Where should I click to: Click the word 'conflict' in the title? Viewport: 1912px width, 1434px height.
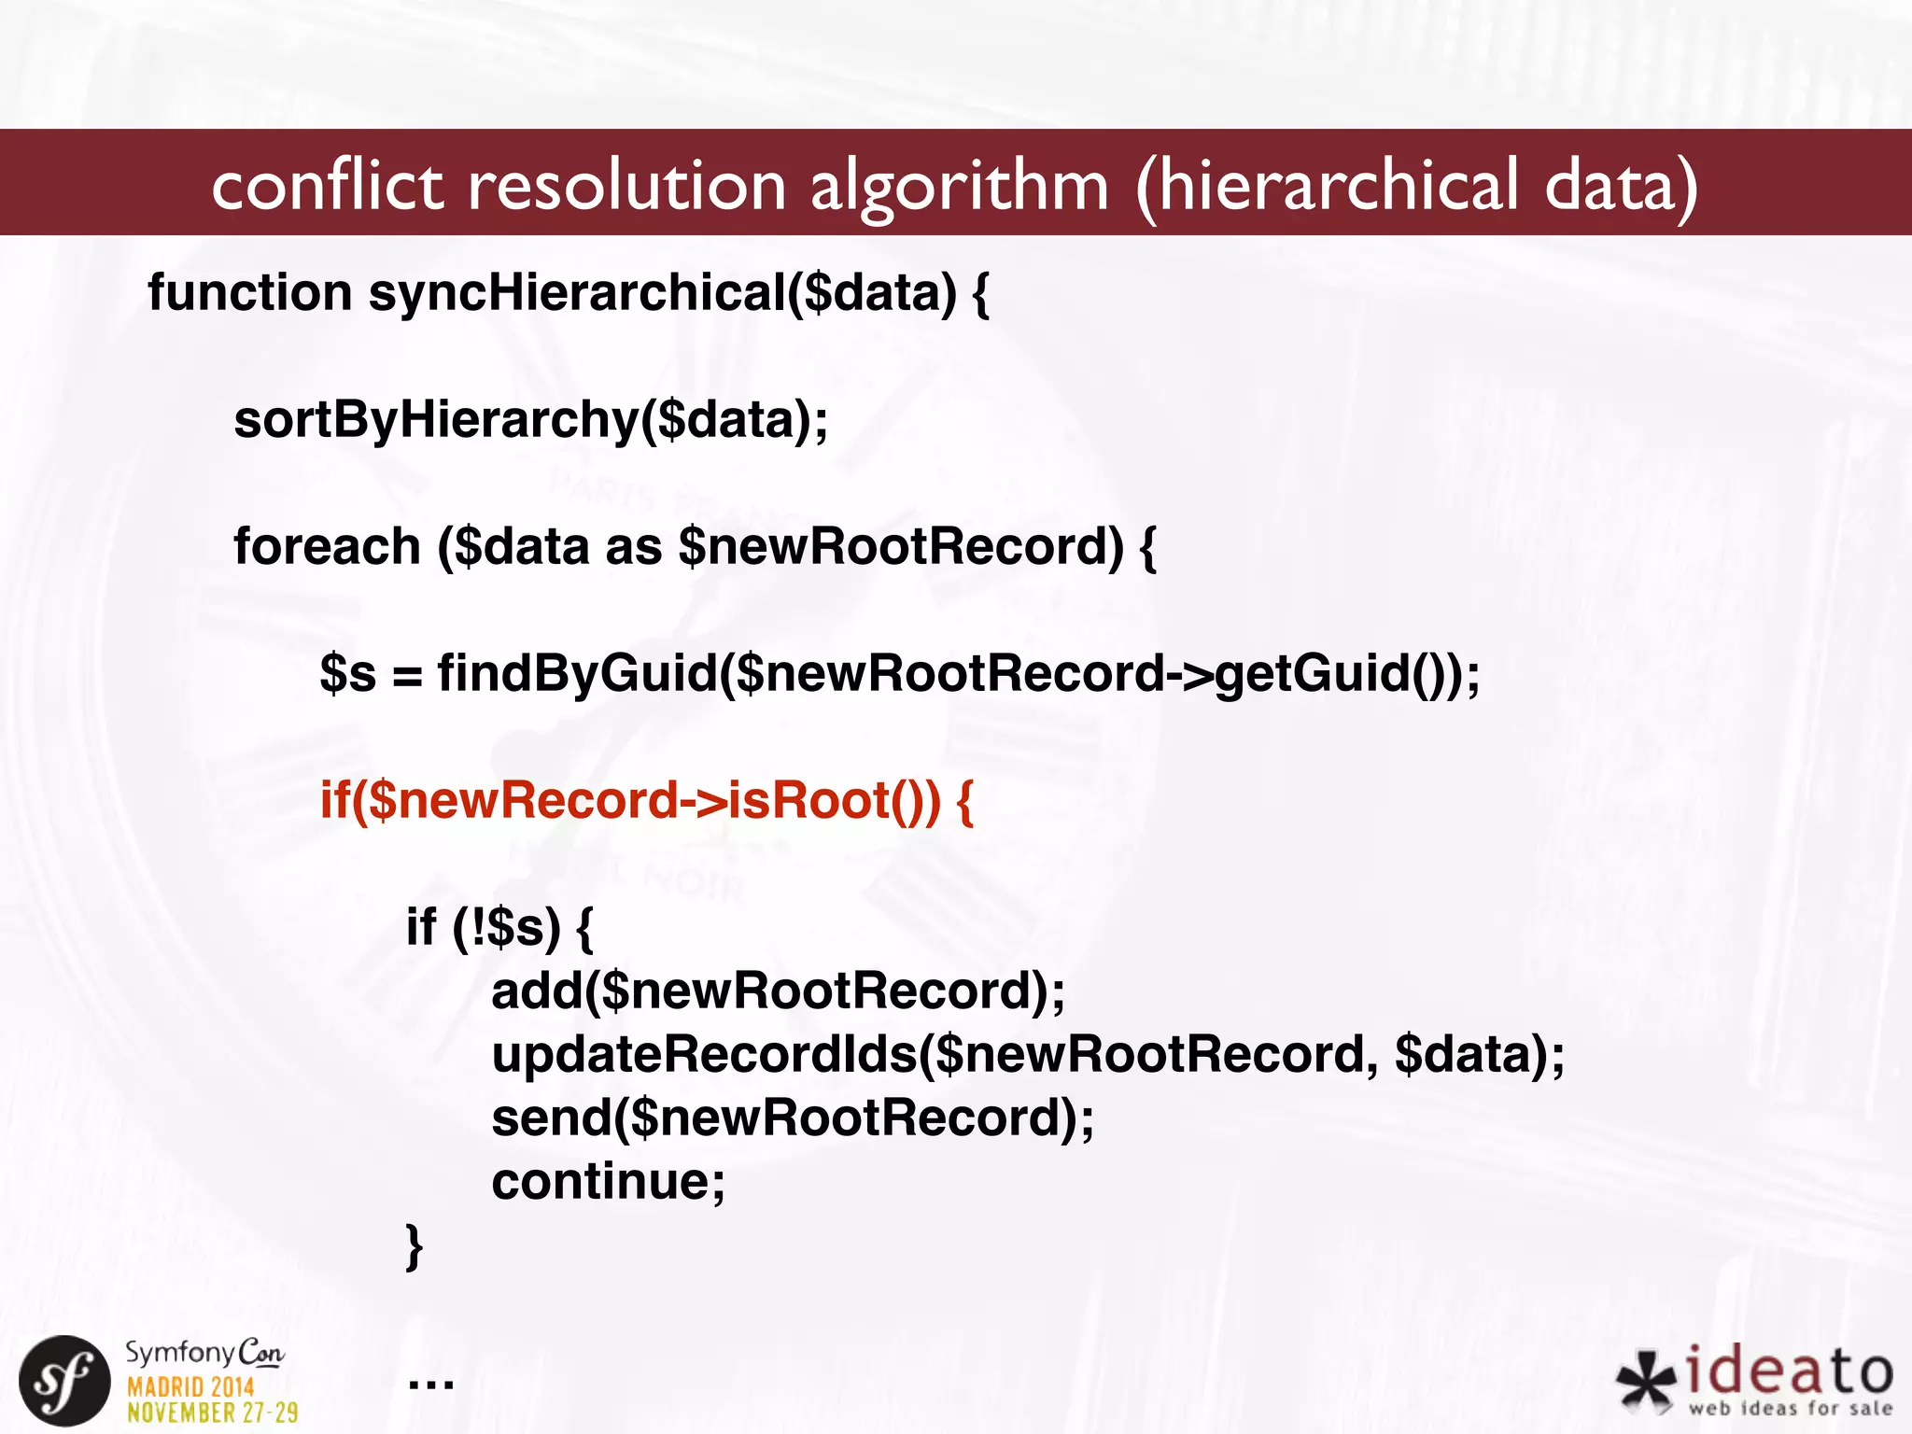(327, 185)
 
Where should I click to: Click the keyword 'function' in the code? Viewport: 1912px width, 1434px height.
(249, 292)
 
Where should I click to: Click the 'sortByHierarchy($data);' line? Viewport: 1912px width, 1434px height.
(530, 420)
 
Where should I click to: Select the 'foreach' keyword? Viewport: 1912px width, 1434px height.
(327, 546)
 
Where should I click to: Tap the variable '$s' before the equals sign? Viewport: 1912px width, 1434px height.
(347, 673)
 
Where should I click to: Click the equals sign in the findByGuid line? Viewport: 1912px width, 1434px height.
(407, 675)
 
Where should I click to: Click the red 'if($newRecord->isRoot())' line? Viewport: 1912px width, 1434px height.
(646, 800)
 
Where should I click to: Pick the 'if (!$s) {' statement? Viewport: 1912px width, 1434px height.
(499, 927)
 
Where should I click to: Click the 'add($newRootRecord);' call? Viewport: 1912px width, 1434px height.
(778, 991)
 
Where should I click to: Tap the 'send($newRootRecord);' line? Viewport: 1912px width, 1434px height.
(793, 1118)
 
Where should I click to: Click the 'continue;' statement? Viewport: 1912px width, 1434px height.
(608, 1181)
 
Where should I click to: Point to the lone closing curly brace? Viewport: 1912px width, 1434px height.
(415, 1246)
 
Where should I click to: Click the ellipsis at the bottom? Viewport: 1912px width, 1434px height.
(431, 1382)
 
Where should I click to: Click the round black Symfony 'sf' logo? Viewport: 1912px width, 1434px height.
(65, 1381)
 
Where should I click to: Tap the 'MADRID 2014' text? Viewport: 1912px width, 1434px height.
(190, 1386)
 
